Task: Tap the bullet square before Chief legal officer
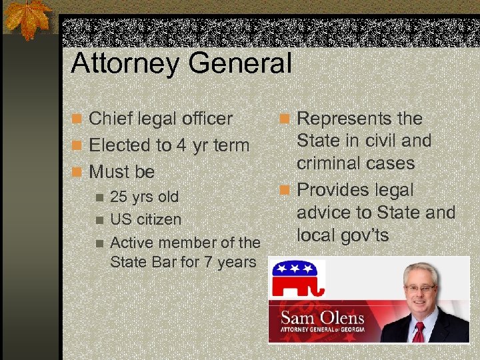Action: tap(78, 119)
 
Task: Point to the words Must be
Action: tap(121, 172)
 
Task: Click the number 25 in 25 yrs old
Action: tap(119, 197)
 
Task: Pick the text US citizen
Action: tap(145, 219)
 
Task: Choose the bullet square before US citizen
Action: tap(99, 220)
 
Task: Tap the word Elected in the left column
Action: tap(122, 145)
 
